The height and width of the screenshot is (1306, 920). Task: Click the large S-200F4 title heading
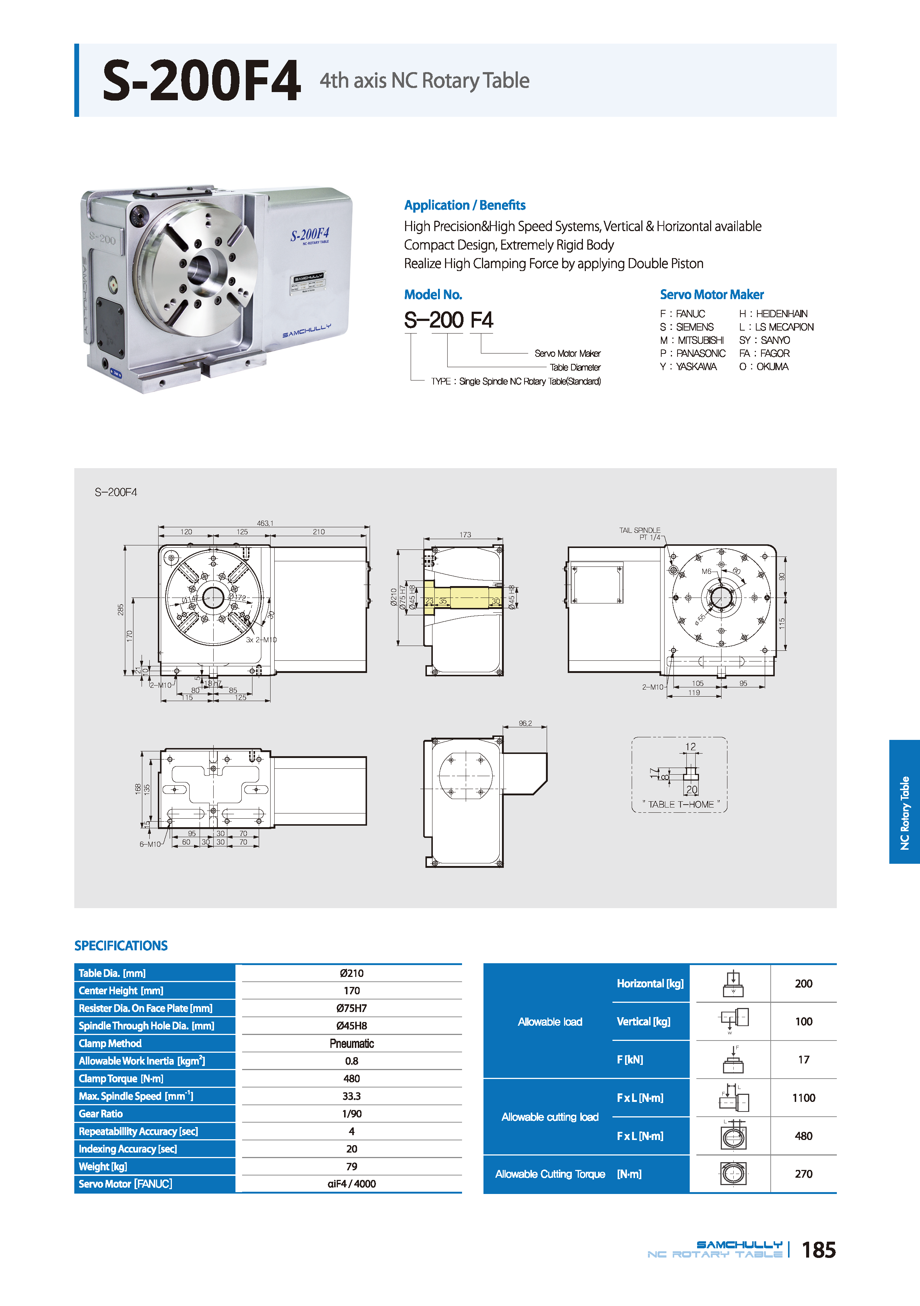(x=201, y=81)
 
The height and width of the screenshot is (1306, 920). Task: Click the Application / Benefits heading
(x=465, y=205)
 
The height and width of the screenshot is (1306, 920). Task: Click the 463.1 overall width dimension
(x=265, y=523)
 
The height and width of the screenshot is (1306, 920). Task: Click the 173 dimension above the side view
(x=465, y=535)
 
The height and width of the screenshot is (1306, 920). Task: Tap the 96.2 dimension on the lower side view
(x=525, y=724)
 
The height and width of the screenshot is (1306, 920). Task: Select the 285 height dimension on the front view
(x=120, y=609)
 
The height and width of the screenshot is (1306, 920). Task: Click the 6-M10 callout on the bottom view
(x=150, y=844)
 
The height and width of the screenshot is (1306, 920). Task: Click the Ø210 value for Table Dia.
(x=352, y=973)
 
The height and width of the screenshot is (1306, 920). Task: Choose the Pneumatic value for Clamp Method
(x=352, y=1043)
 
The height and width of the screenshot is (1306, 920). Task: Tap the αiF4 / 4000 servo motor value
(x=352, y=1184)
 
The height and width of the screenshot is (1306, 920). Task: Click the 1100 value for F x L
(x=803, y=1098)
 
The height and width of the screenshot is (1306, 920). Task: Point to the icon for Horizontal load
(x=733, y=984)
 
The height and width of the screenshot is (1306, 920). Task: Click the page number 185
(x=818, y=1250)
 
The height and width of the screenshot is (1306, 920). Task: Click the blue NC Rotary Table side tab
(x=904, y=802)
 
